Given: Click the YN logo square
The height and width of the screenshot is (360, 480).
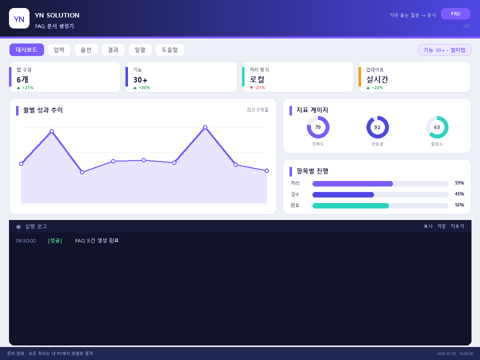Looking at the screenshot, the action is [x=19, y=18].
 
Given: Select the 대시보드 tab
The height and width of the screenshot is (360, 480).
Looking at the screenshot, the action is [x=26, y=49].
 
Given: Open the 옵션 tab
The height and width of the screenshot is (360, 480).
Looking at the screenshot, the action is [x=86, y=49].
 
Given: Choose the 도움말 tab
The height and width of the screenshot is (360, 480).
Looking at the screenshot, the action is [x=170, y=49].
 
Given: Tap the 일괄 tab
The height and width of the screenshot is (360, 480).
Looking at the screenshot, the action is [x=140, y=49].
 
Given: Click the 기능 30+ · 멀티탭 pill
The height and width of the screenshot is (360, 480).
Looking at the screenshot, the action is [x=444, y=50].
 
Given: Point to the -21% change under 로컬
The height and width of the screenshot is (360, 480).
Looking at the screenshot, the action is [x=257, y=87].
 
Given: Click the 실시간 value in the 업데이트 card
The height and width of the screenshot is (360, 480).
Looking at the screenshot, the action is [x=377, y=79].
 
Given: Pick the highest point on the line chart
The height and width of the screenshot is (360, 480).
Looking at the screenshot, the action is [x=205, y=127].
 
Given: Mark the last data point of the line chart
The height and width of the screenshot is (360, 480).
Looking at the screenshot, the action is [x=266, y=171].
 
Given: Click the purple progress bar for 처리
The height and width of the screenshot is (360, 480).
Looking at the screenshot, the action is [x=352, y=183].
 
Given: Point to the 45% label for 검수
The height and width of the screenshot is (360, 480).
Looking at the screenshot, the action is [x=459, y=194].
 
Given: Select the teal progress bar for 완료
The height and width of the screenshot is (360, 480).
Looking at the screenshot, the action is [x=350, y=205].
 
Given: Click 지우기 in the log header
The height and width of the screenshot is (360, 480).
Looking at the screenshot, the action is [x=457, y=226].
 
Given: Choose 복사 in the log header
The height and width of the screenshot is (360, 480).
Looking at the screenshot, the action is [x=428, y=226].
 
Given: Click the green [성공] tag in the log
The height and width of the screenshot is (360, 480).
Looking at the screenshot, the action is [x=55, y=240].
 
